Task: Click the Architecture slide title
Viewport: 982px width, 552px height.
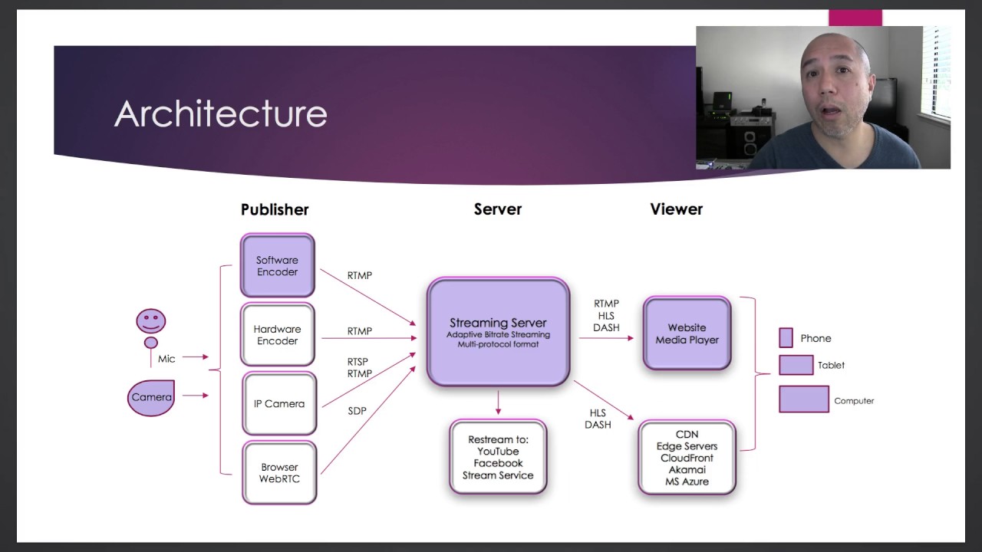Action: (x=221, y=114)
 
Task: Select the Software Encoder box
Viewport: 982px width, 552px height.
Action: (x=277, y=266)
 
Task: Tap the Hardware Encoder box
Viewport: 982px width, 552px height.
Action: (x=277, y=335)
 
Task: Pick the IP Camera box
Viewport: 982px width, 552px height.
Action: (x=279, y=404)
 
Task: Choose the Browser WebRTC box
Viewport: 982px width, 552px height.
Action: (x=279, y=472)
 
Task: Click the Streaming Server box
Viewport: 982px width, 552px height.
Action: (x=498, y=332)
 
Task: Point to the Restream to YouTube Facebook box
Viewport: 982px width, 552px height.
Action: (x=498, y=457)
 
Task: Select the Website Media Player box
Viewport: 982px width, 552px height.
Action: (x=687, y=333)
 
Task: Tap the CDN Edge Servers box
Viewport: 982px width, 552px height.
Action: (x=687, y=458)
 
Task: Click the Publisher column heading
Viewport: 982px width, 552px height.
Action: (x=275, y=209)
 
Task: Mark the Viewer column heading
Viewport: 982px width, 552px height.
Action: (x=676, y=209)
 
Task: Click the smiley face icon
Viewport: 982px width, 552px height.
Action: (x=151, y=320)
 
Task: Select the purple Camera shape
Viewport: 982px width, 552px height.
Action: (x=151, y=397)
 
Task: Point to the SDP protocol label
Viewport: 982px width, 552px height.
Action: (x=358, y=411)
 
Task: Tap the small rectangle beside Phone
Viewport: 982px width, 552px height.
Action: (x=786, y=338)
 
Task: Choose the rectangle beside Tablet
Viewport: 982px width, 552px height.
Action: (x=796, y=365)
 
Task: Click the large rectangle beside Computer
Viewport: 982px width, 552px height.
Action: (x=803, y=399)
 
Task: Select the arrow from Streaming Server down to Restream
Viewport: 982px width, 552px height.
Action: (x=499, y=402)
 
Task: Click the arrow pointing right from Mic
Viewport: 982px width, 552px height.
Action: (x=196, y=356)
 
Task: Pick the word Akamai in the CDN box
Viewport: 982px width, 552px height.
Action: (x=687, y=469)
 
